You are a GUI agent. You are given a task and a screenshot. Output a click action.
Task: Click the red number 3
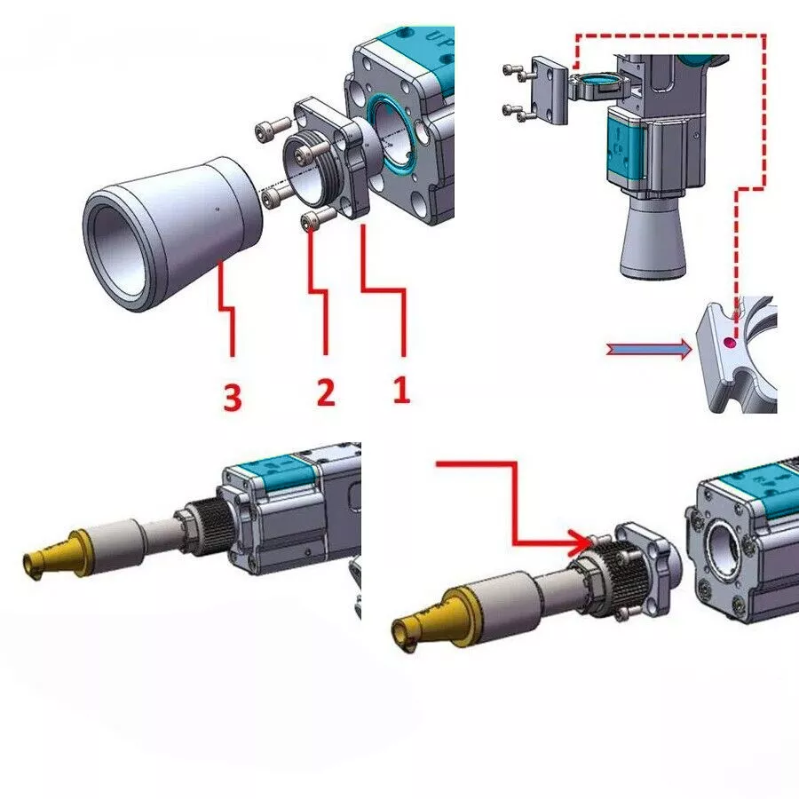coord(233,398)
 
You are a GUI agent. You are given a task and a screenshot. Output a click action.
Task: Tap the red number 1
coord(401,390)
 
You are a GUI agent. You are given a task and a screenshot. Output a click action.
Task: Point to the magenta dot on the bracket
coord(731,343)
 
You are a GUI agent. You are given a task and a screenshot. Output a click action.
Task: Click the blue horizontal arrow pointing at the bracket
coord(649,350)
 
